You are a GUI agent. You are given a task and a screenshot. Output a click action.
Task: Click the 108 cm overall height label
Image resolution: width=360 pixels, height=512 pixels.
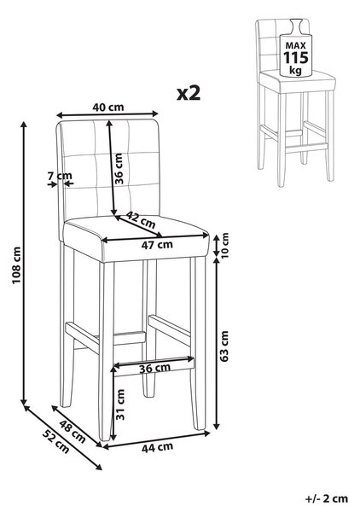point(17,265)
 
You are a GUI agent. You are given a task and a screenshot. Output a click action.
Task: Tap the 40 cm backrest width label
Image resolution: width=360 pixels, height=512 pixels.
point(108,107)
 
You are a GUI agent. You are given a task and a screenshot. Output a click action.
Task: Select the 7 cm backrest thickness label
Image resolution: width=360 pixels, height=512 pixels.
point(60,176)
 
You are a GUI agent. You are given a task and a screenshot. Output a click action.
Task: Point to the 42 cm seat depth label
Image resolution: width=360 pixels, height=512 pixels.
point(141,220)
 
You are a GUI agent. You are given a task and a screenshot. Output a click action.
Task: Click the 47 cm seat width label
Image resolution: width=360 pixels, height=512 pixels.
point(157,245)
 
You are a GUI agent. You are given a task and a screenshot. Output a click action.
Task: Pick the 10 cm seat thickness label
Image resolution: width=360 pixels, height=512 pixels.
point(224,245)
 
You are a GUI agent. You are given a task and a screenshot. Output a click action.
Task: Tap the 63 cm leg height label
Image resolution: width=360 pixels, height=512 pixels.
point(224,346)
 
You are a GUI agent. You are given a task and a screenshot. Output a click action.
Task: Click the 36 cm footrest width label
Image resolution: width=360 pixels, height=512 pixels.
point(154,369)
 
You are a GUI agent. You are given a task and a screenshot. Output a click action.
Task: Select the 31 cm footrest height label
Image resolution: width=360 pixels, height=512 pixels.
point(120,404)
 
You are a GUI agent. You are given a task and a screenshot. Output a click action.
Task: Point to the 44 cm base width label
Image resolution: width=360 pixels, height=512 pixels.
point(157,447)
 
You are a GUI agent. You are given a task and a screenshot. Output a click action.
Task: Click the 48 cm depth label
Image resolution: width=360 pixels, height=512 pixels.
point(73,432)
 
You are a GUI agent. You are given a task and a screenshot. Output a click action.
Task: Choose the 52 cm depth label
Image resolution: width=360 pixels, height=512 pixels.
point(55,442)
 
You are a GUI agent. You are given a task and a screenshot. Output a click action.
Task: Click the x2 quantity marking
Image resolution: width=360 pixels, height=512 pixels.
point(189,93)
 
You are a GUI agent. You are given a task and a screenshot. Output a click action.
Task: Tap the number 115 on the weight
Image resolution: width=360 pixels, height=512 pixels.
point(295,58)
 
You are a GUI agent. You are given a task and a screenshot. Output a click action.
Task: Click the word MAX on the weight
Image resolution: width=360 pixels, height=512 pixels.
point(296,45)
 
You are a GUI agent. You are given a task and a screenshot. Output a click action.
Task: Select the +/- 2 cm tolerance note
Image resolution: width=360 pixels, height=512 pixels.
point(327,498)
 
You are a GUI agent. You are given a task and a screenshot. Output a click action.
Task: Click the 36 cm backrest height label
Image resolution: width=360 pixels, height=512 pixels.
point(119,168)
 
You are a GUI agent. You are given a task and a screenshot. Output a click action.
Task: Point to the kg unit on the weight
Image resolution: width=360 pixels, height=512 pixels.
point(295,70)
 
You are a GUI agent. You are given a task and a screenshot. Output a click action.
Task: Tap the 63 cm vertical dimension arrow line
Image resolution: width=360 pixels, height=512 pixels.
point(217,344)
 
